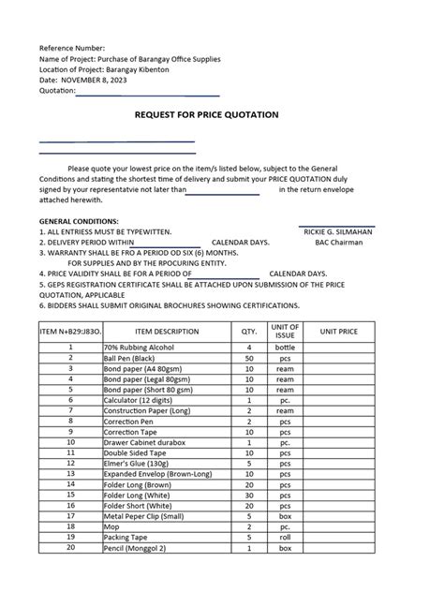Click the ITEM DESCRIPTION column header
[x=167, y=331]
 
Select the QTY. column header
[x=248, y=331]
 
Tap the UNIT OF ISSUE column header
[x=284, y=331]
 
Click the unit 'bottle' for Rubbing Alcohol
[x=284, y=348]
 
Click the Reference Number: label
[x=72, y=47]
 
